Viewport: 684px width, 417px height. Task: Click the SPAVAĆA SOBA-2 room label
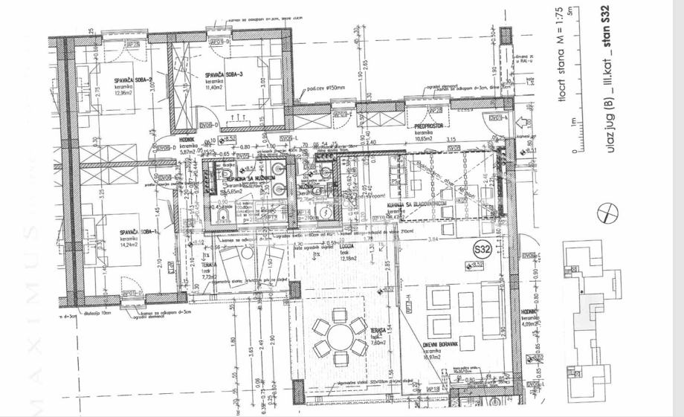click(x=133, y=80)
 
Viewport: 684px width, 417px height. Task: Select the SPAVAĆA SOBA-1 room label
click(x=140, y=233)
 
